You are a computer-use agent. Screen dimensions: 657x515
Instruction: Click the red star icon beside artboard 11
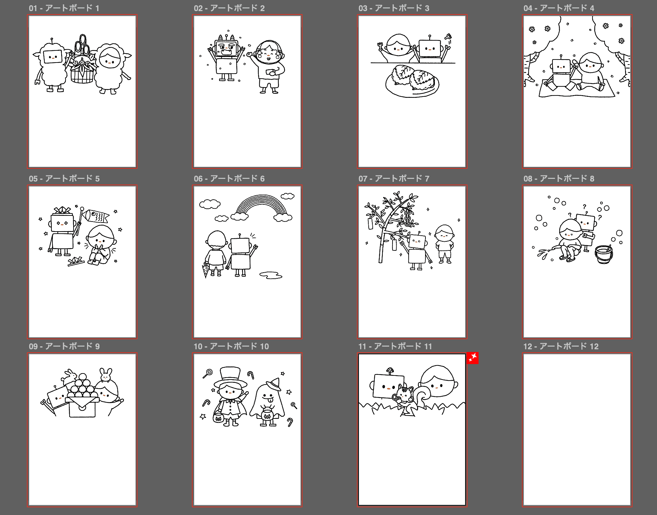[473, 358]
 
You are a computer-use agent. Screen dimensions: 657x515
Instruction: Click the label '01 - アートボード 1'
[64, 8]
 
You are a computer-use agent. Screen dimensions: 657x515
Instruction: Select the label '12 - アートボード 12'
[561, 346]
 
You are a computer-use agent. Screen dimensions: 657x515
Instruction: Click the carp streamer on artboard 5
[96, 216]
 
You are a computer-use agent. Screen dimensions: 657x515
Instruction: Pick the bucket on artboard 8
[604, 254]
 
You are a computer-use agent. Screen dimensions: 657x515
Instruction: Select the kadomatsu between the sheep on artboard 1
[82, 60]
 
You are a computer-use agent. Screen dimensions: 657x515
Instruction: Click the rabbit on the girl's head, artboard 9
[106, 375]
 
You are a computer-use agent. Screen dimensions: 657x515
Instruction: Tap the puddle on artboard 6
[271, 275]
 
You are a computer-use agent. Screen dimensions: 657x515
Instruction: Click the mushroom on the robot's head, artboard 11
[389, 370]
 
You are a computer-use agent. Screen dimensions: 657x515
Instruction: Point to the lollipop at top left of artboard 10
[208, 373]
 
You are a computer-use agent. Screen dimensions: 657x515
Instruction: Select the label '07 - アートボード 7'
[394, 179]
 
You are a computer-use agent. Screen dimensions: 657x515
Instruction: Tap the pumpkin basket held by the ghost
[267, 414]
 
